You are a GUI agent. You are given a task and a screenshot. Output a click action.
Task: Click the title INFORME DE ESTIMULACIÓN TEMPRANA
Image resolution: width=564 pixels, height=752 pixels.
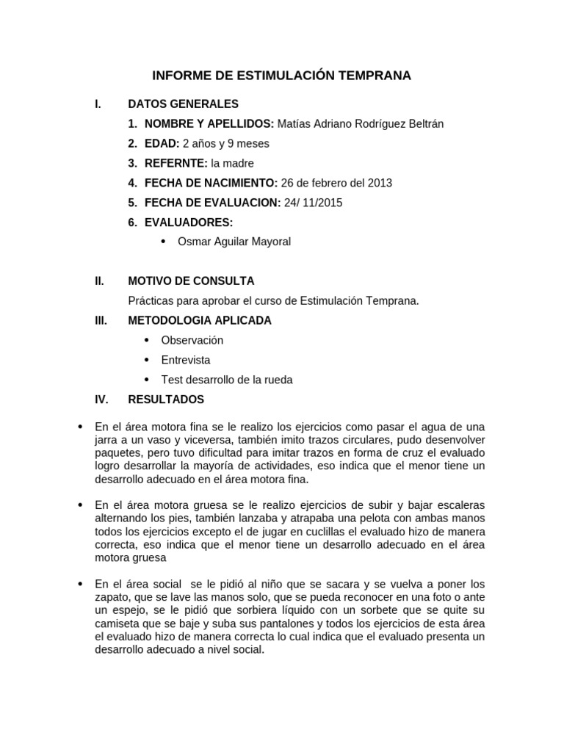click(x=281, y=76)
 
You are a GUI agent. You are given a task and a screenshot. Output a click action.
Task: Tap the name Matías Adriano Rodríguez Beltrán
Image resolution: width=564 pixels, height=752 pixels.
click(x=361, y=123)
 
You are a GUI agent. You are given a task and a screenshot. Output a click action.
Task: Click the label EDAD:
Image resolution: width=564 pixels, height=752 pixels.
click(x=162, y=143)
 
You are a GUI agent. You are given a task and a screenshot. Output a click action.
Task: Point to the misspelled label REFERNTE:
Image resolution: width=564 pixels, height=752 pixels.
click(x=176, y=163)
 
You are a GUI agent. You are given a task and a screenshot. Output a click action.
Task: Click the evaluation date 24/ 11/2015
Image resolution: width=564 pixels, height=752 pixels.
click(x=314, y=203)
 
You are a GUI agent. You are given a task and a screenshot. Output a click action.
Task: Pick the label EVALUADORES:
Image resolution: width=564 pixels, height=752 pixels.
click(x=189, y=223)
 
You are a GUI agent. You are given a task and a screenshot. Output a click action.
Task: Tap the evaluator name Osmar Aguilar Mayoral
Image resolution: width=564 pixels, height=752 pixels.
click(x=234, y=242)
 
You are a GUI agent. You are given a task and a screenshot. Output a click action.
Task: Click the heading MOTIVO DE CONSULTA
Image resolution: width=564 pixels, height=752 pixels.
click(x=191, y=281)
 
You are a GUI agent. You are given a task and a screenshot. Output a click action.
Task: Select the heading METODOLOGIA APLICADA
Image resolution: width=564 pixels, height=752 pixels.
click(x=200, y=320)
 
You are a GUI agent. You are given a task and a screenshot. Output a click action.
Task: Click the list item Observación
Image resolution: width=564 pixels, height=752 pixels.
click(x=192, y=340)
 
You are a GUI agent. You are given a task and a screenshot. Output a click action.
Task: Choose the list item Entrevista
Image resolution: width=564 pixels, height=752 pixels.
click(x=186, y=360)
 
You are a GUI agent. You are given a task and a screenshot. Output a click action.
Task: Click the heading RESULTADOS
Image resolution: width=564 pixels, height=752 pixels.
click(x=166, y=399)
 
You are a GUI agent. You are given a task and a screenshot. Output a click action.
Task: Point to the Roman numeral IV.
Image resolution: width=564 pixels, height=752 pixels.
click(x=101, y=399)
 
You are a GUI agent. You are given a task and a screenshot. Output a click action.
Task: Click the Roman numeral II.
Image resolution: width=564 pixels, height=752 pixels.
click(x=99, y=281)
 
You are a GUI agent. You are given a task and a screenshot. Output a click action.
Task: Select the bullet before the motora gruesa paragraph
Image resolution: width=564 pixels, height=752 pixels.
click(x=80, y=505)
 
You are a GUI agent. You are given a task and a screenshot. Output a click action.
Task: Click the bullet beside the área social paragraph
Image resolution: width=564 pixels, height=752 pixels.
click(x=80, y=584)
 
